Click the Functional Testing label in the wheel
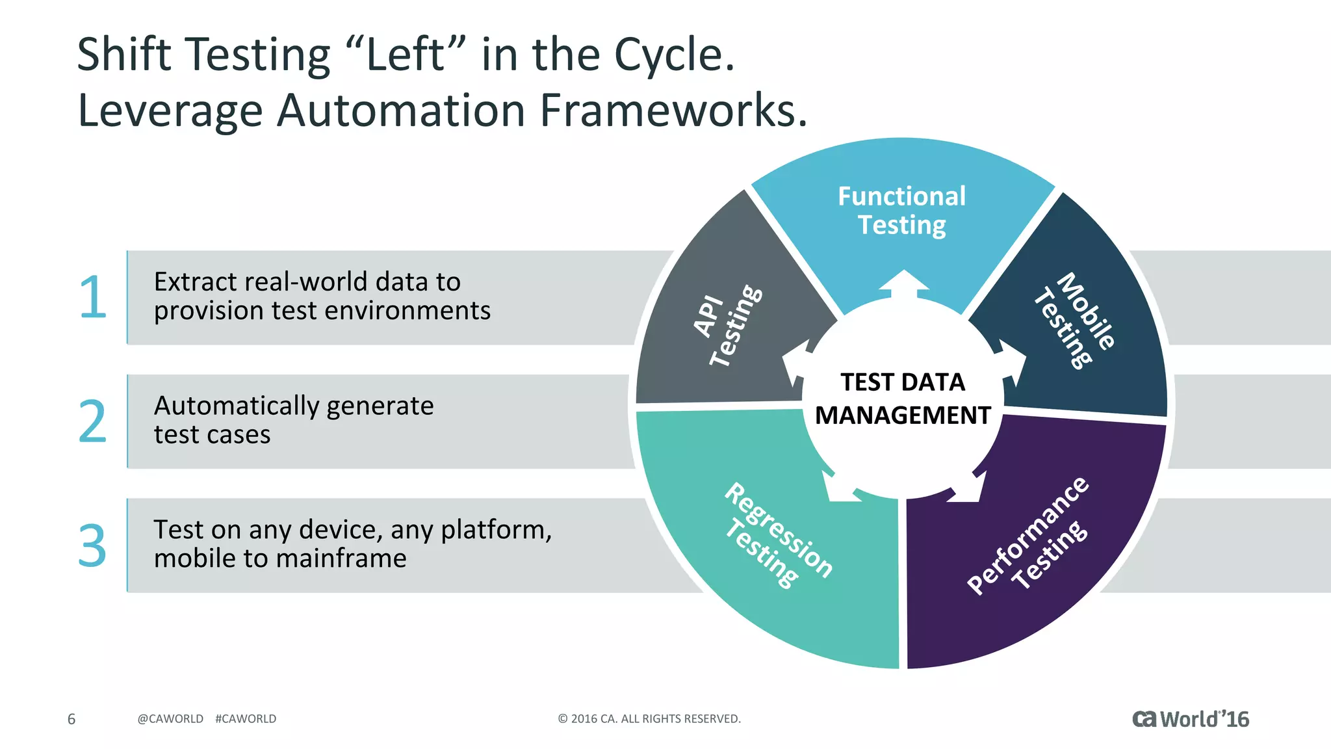pos(901,211)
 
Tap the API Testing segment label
pos(727,325)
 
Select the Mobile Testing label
pos(1074,320)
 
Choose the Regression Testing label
pos(777,535)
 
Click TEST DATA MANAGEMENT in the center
pos(903,399)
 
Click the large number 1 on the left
pos(93,298)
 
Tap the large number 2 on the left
pos(92,422)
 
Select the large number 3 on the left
pos(92,546)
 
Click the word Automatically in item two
pos(237,406)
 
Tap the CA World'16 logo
pos(1190,719)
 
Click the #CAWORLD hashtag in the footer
pos(246,719)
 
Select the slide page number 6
pos(71,719)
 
